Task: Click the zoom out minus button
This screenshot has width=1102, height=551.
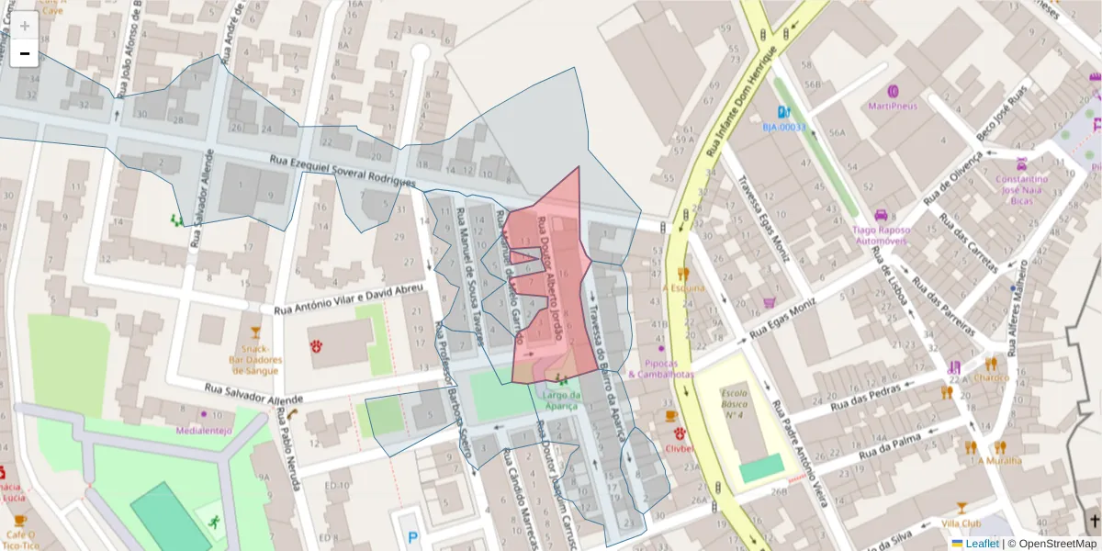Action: click(25, 54)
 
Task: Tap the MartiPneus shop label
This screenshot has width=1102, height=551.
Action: click(893, 106)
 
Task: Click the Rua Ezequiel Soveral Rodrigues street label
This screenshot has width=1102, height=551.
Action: click(343, 170)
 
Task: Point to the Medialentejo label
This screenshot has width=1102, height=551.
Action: click(205, 429)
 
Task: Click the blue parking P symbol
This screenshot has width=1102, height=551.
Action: click(411, 538)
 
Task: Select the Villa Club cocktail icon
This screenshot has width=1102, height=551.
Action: click(961, 508)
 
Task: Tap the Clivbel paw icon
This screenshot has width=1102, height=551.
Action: click(679, 433)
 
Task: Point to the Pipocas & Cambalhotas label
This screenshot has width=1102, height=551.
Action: click(661, 368)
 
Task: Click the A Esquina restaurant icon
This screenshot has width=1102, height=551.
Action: click(681, 274)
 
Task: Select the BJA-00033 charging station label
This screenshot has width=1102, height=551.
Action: click(783, 127)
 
